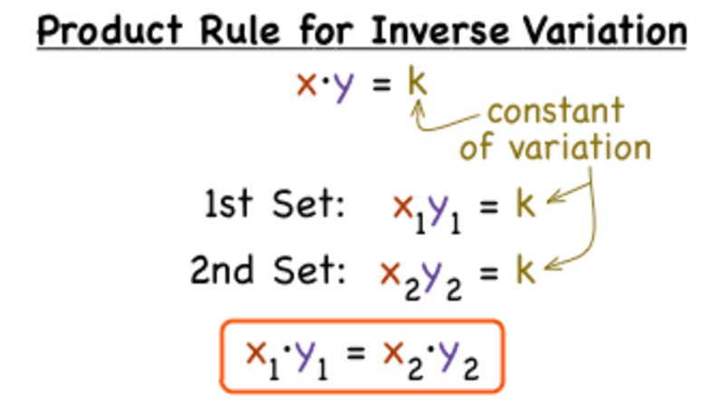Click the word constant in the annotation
[555, 112]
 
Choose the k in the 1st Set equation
[527, 206]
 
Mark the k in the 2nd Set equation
[527, 270]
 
